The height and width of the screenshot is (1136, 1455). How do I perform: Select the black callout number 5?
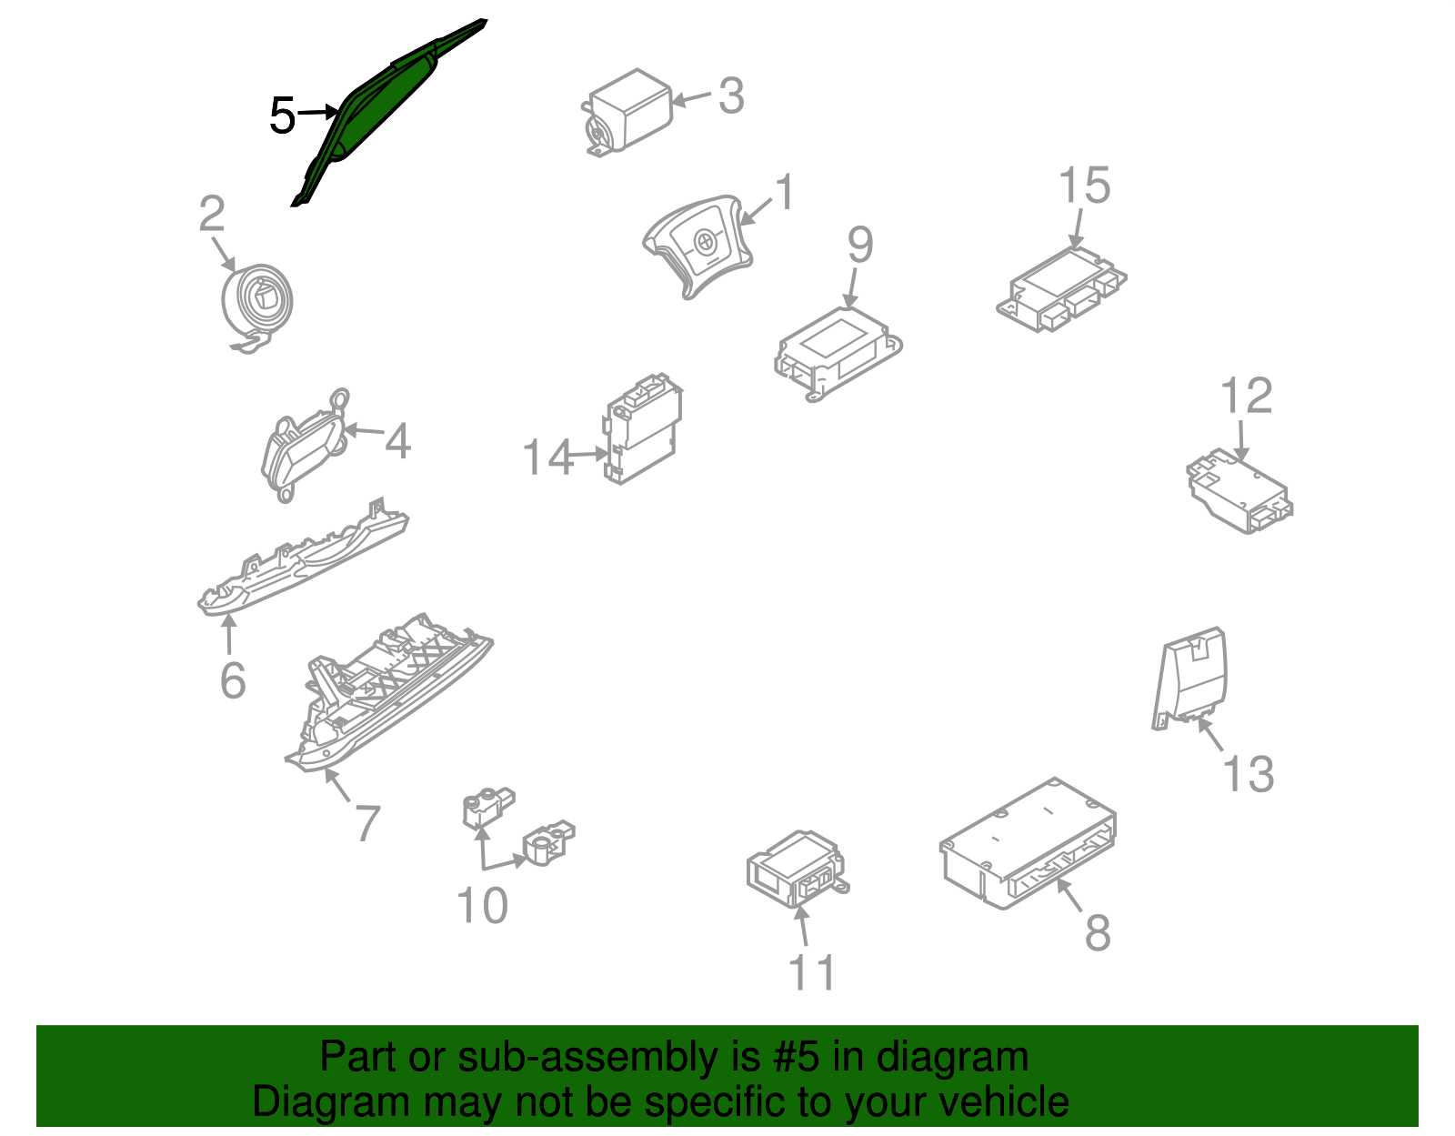pos(282,116)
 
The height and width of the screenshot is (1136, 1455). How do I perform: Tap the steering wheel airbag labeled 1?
pos(697,246)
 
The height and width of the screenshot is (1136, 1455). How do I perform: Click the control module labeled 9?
pos(838,354)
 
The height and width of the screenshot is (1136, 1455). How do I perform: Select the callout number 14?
pos(547,457)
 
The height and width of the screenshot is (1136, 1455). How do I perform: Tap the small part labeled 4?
pos(305,444)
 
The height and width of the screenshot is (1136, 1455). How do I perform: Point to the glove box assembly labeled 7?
pos(388,693)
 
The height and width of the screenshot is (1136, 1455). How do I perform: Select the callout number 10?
pos(482,906)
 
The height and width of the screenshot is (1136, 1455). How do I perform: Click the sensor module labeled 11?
pos(798,870)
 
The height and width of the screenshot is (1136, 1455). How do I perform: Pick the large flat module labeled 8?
pos(1029,843)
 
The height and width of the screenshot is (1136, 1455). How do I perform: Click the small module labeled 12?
pos(1239,491)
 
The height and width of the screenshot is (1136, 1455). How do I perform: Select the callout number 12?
pos(1246,395)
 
